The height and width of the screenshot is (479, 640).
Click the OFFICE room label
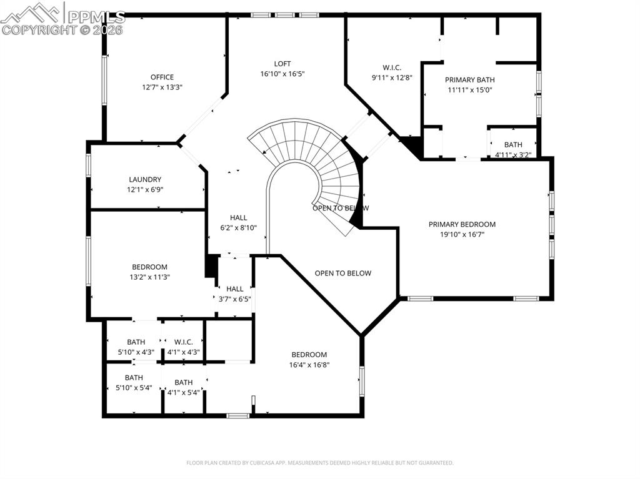point(162,77)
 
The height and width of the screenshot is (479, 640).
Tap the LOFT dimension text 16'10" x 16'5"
point(282,74)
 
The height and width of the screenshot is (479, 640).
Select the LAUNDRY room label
point(145,180)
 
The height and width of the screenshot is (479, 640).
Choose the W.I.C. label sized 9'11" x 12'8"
point(391,67)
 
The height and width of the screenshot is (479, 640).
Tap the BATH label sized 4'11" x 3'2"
point(512,145)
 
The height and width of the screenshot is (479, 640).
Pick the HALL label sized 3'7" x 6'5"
point(235,289)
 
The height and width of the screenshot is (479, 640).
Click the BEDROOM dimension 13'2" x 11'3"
point(149,277)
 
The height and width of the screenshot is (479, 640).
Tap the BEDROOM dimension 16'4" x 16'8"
point(309,365)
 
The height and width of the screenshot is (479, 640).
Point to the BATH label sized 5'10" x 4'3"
point(136,342)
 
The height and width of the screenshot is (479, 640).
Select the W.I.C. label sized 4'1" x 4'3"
point(183,342)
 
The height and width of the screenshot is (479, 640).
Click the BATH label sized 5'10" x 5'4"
point(134,378)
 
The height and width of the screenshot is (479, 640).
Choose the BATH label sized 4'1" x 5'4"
point(183,383)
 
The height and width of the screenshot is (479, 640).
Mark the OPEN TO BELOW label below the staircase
point(342,273)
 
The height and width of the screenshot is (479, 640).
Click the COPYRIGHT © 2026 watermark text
point(62,29)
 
